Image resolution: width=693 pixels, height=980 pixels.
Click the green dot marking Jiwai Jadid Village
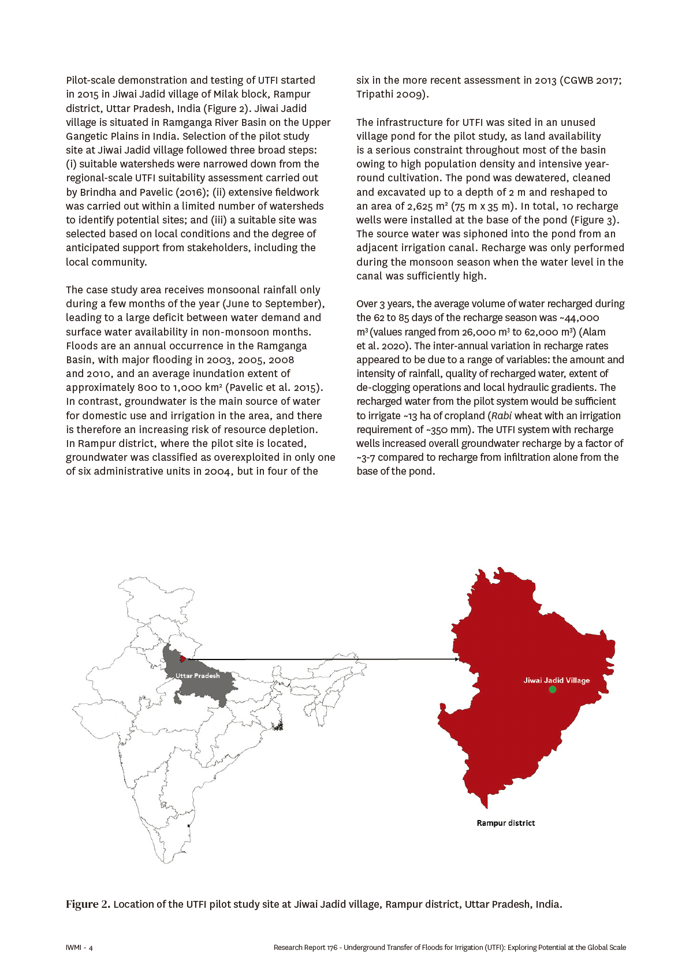click(553, 690)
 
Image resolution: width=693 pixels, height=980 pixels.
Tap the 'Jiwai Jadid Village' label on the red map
click(556, 680)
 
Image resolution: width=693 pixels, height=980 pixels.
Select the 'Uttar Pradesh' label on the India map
click(198, 676)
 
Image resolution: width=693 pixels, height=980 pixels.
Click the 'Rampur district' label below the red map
click(505, 823)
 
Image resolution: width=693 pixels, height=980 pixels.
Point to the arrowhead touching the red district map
click(457, 659)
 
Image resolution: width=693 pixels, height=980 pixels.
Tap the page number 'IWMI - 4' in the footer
click(79, 948)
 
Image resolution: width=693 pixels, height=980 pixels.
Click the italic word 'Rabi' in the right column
click(501, 416)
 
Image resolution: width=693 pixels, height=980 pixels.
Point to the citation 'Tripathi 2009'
click(391, 94)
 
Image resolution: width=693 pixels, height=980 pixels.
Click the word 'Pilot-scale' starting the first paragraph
click(94, 80)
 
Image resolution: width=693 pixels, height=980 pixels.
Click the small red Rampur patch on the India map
click(183, 659)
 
